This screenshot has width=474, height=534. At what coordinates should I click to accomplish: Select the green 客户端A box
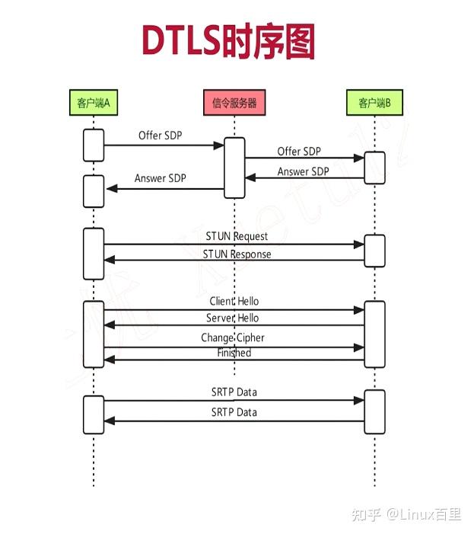point(94,102)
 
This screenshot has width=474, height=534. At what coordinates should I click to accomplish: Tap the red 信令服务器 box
point(234,102)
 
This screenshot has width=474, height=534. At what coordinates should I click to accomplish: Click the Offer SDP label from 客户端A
point(160,136)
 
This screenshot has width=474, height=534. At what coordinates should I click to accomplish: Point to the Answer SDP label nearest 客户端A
point(160,178)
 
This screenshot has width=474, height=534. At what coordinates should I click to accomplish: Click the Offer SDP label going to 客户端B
point(299,152)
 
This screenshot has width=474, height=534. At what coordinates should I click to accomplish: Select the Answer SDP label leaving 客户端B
point(303,171)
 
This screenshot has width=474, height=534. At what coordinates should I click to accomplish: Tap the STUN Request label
point(237,236)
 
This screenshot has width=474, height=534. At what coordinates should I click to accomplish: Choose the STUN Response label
point(237,254)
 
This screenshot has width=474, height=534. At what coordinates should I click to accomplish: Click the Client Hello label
point(234,302)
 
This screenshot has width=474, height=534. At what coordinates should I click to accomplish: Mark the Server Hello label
point(232,318)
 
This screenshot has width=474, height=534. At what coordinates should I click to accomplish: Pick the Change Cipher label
point(233,337)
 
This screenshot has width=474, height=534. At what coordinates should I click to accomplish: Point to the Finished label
point(233,353)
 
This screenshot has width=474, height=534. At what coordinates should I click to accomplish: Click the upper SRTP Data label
point(234,392)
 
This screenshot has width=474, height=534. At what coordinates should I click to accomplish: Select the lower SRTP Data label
point(234,412)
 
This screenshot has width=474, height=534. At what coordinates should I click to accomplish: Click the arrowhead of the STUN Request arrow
point(361,245)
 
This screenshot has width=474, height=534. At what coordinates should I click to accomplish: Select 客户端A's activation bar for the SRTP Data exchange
point(93,414)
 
